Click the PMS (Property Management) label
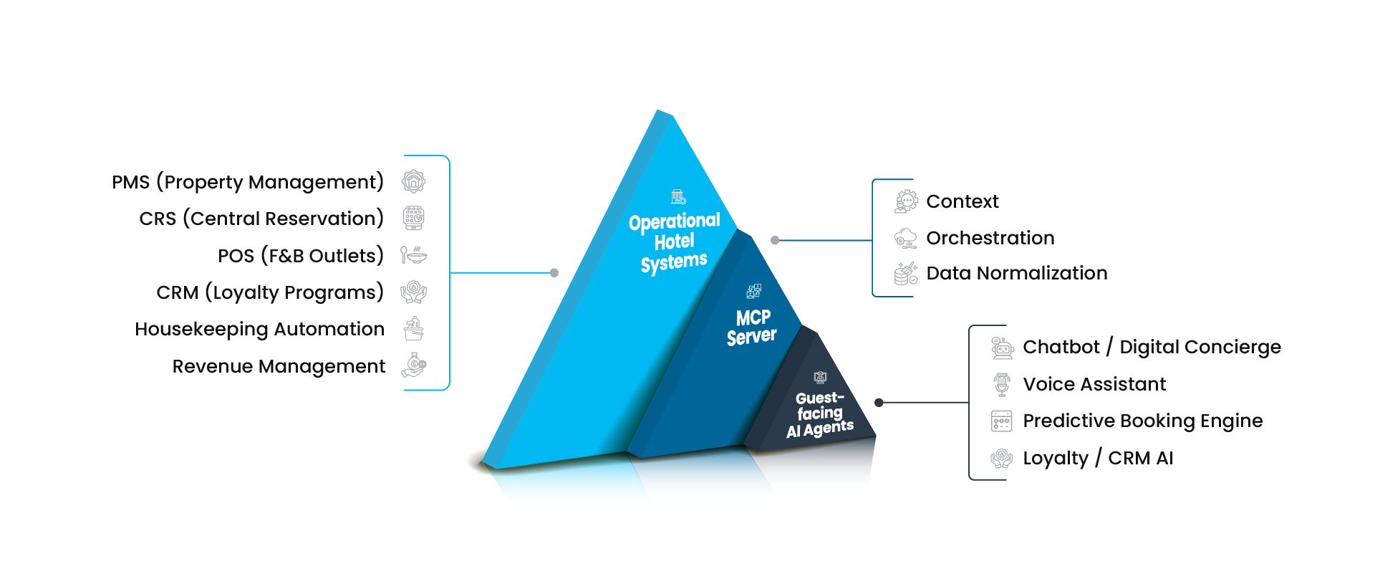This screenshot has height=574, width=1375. tap(247, 182)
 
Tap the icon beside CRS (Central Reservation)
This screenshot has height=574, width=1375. tap(414, 218)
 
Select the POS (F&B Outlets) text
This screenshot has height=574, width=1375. tap(300, 256)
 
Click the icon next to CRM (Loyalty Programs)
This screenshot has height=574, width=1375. tap(414, 292)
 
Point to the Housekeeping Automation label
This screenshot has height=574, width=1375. tap(259, 329)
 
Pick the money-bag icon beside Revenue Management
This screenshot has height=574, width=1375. tap(414, 365)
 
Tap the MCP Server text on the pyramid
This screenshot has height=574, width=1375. tap(752, 327)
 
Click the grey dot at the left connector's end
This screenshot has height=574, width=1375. tap(554, 273)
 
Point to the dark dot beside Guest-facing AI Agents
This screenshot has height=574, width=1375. tap(879, 403)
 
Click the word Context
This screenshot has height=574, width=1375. tap(962, 201)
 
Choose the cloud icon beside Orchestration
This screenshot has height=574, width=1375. tap(906, 238)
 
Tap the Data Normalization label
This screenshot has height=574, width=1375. tap(1016, 273)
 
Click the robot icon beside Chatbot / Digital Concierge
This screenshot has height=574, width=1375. tap(1002, 348)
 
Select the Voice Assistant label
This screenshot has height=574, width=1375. tap(1094, 384)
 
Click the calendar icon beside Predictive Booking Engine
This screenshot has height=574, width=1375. tap(1001, 421)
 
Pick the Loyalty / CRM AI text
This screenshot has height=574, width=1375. tap(1097, 458)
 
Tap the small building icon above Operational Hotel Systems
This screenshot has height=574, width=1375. tap(678, 196)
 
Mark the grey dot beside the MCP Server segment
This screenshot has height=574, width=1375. tap(775, 241)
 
